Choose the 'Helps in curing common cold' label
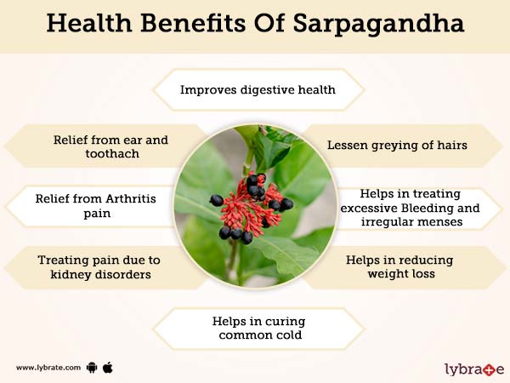click(x=257, y=329)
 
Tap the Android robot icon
click(x=92, y=368)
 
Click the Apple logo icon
click(x=109, y=367)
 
